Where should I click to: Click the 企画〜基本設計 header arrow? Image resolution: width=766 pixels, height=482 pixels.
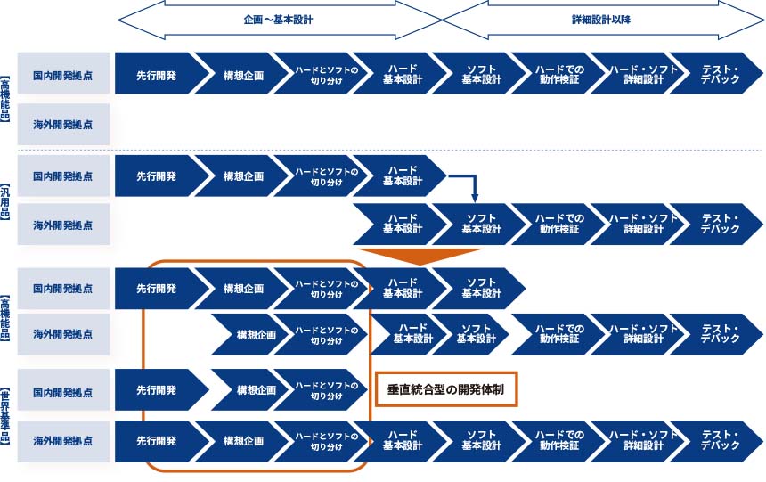coord(278,19)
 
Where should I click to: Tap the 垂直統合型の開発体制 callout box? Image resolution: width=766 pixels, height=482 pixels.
coord(445,389)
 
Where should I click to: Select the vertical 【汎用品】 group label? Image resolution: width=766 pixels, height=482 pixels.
coord(6,200)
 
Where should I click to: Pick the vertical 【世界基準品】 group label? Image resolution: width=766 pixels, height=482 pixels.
coord(6,416)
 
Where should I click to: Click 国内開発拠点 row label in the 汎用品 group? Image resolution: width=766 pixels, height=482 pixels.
coord(63,176)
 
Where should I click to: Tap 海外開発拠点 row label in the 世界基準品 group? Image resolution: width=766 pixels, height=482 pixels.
coord(63,441)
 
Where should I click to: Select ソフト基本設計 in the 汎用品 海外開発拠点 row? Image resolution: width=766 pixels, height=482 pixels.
coord(481,224)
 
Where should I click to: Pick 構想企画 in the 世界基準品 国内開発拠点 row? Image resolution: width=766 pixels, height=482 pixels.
coord(255,390)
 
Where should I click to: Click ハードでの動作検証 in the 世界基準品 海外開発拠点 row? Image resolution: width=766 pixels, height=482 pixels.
coord(558,441)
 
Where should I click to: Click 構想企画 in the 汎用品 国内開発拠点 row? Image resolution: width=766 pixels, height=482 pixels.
coord(243,176)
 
